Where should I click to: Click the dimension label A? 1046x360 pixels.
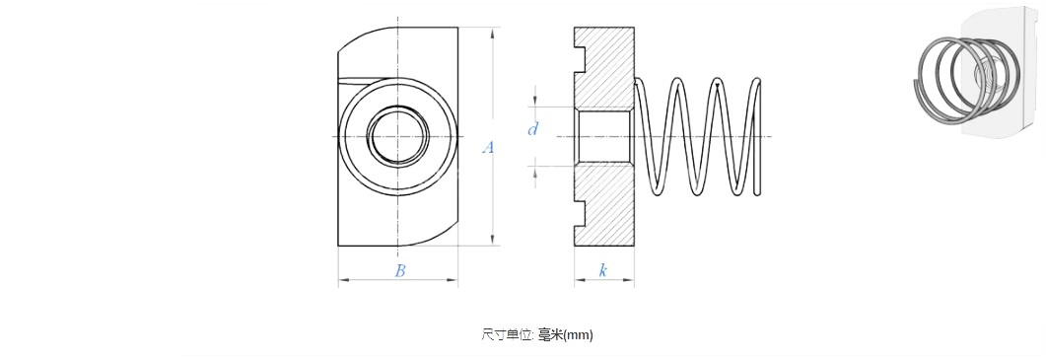click(488, 148)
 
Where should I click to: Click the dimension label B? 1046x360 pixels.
click(399, 270)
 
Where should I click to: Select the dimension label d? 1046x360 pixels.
click(532, 129)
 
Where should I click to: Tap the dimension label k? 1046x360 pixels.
click(603, 270)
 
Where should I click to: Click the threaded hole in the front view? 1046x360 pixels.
click(398, 136)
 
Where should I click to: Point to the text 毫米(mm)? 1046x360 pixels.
click(566, 334)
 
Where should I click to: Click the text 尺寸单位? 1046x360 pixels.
click(507, 334)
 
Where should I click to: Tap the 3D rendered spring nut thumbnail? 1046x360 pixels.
click(976, 72)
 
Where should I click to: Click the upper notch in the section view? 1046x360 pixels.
click(580, 59)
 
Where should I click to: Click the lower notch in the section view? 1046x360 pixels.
click(580, 213)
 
